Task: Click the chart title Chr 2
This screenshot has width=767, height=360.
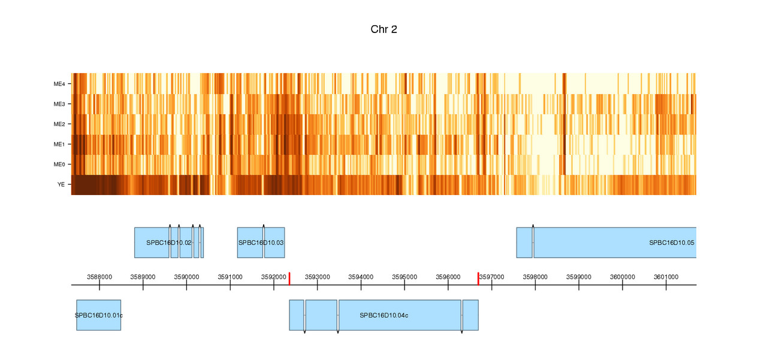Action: (383, 29)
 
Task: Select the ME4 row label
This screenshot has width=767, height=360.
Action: (59, 84)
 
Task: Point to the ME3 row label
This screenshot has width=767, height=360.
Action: (59, 104)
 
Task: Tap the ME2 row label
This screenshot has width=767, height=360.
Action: (59, 124)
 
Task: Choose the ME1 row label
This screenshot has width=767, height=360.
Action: (59, 145)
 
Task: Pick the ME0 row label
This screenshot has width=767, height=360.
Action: (59, 164)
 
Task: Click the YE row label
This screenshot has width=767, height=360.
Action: (61, 185)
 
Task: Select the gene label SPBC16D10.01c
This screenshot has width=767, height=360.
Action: (99, 315)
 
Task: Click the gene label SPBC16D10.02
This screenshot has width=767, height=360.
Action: (169, 243)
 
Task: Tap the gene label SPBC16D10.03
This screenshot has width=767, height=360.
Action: (261, 243)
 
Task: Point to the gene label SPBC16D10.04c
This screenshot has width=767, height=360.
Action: (384, 315)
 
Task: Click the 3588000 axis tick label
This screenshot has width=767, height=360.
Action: (99, 277)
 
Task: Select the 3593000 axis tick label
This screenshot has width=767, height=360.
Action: (318, 277)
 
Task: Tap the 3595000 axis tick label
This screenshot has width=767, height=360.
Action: (404, 277)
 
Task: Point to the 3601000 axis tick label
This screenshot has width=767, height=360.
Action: (666, 277)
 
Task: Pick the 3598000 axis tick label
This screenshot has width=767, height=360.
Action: (535, 277)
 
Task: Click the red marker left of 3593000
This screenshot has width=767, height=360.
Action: (289, 278)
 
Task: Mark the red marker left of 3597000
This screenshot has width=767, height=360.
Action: (478, 278)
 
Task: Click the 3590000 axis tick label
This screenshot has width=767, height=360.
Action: (186, 277)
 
